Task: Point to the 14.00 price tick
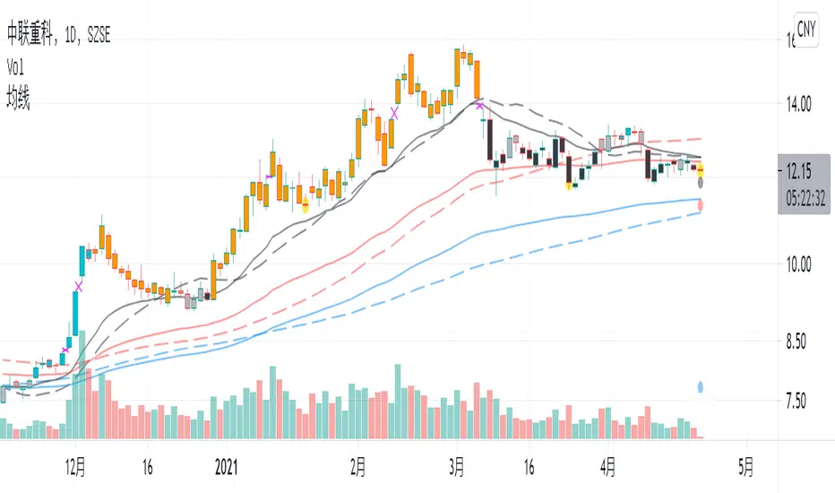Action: coord(798,105)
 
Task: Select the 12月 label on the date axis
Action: coord(75,466)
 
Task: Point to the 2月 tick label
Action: coord(357,466)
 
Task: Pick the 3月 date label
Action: coord(457,466)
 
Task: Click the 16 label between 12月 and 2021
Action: coord(148,466)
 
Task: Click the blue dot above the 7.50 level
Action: coord(700,388)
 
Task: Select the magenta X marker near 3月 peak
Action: coord(481,106)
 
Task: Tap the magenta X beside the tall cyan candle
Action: coord(79,286)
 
